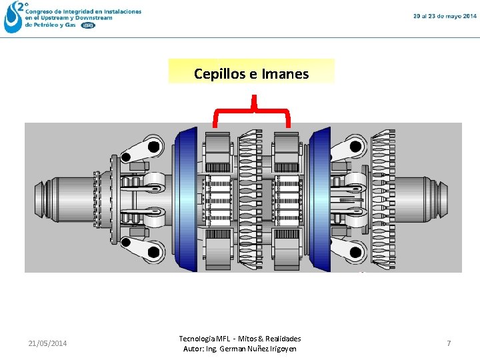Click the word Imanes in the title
point(285,74)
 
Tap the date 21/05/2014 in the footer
point(47,343)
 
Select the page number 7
point(449,343)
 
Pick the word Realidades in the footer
point(282,339)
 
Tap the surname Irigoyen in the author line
point(281,349)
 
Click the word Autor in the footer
point(193,349)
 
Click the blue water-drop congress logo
point(13,17)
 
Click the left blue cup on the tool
point(185,198)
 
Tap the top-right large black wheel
point(359,147)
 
